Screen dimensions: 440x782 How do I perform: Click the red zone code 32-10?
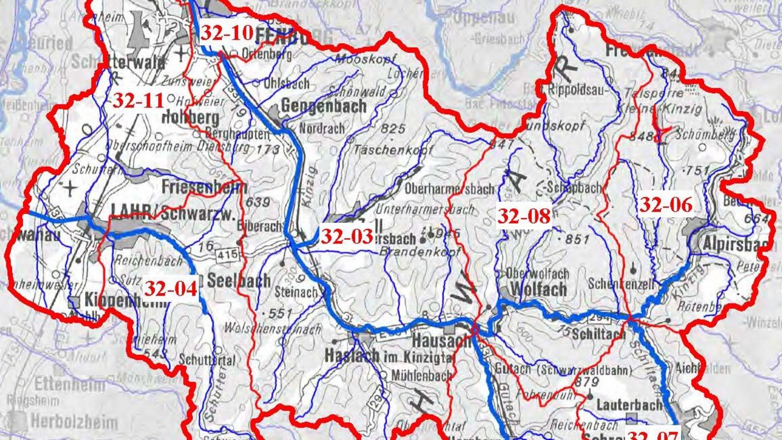[x=227, y=34]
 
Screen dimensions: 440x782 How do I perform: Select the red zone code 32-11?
[x=138, y=101]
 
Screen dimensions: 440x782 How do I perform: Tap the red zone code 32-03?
[x=347, y=237]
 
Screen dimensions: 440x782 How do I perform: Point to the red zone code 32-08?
[x=524, y=216]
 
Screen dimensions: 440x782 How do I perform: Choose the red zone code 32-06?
[x=666, y=205]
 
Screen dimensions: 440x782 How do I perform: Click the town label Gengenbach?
[x=324, y=106]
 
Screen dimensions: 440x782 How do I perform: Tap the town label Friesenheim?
[x=204, y=187]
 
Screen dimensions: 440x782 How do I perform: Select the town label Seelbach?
[x=238, y=280]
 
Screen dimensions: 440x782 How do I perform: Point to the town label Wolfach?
[x=539, y=289]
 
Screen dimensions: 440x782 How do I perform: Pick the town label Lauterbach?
[x=629, y=405]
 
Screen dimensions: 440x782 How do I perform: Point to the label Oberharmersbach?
[x=449, y=189]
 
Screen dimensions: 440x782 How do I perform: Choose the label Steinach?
[x=296, y=292]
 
